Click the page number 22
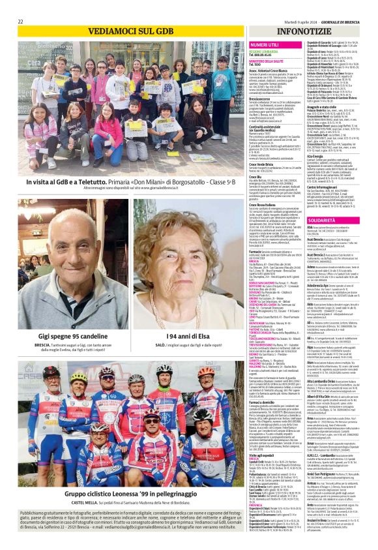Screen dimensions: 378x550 tap(20, 22)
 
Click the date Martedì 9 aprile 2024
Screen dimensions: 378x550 tap(294, 22)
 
